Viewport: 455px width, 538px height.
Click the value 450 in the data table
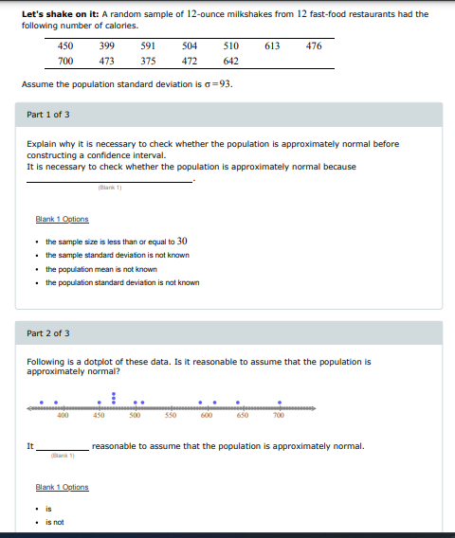[65, 45]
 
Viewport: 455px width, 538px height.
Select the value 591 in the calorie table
[148, 45]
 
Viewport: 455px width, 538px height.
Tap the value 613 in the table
[272, 45]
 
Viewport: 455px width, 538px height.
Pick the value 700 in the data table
[65, 61]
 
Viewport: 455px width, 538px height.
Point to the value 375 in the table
[148, 61]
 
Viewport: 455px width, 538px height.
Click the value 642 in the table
[230, 61]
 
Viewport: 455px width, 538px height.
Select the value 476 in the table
[314, 45]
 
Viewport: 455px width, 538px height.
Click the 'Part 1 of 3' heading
[47, 115]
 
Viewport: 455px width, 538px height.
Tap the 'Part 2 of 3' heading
[47, 333]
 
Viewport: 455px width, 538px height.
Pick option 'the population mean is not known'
[101, 269]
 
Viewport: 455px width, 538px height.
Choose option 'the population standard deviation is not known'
[122, 282]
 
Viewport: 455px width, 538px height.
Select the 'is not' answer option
[54, 522]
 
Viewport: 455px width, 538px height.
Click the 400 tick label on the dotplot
[63, 414]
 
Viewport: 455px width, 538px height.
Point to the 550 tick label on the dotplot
[172, 414]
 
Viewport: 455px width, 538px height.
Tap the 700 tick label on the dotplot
[279, 414]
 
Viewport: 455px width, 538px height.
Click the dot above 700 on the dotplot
[279, 401]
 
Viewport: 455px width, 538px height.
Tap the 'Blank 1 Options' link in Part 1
[62, 220]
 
